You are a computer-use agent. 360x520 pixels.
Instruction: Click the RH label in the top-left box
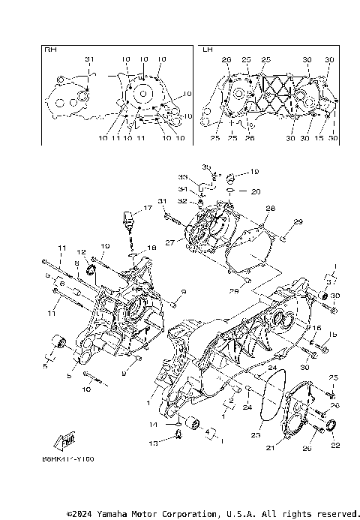51,50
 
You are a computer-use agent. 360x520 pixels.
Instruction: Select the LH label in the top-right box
208,50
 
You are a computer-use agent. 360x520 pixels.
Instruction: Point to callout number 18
151,247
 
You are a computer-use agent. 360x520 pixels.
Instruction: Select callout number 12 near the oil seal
80,252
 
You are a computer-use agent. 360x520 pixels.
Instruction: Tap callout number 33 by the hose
182,177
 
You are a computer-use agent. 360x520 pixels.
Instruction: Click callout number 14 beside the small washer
153,425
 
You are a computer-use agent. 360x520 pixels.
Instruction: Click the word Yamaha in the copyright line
126,514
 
